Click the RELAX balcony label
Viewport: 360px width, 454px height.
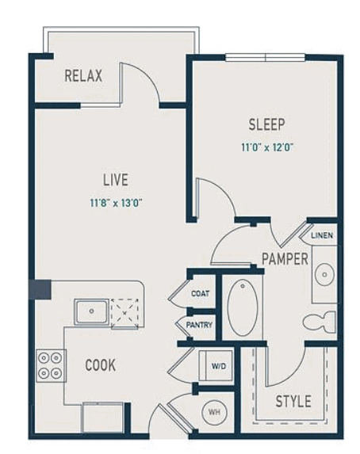coord(83,75)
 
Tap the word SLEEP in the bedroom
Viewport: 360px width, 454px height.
coord(266,124)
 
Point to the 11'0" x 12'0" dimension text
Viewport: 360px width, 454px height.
coord(267,147)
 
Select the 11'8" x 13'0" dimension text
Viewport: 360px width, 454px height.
coord(116,203)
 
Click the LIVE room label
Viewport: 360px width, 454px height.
coord(116,180)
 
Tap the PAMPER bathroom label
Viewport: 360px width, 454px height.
coord(285,258)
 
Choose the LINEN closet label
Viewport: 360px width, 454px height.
coord(322,235)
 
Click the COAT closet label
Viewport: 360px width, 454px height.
coord(201,293)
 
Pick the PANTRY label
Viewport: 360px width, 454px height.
coord(199,325)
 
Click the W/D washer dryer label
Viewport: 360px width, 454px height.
coord(219,366)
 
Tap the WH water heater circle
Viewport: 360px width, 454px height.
coord(214,412)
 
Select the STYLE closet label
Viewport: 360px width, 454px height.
coord(293,401)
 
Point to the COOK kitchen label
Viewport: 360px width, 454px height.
coord(101,365)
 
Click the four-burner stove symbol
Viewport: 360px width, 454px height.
coord(51,366)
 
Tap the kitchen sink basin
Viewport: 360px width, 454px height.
coord(92,311)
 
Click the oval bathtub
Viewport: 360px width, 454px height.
coord(243,307)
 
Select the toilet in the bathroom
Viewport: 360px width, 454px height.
coord(320,322)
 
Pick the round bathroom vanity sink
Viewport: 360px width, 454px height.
coord(324,274)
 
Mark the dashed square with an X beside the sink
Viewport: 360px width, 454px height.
coord(124,313)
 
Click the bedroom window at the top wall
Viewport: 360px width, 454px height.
coord(265,57)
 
